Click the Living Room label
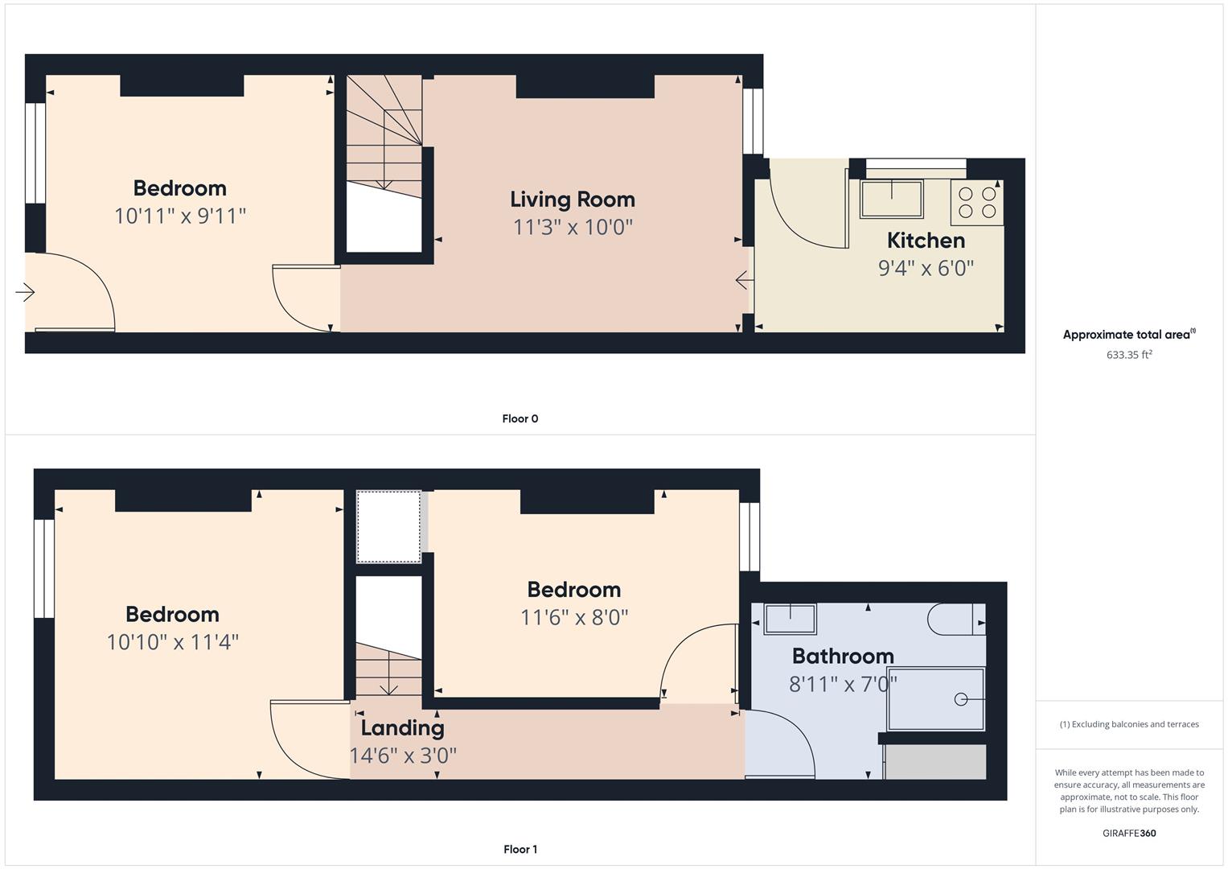click(x=573, y=200)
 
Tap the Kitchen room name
click(x=926, y=241)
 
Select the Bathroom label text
click(x=843, y=656)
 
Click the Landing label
click(x=402, y=728)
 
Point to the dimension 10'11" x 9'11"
click(x=180, y=216)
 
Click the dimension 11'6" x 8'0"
click(x=574, y=617)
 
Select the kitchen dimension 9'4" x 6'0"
click(x=926, y=268)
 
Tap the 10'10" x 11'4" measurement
click(x=173, y=642)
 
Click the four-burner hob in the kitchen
click(x=977, y=203)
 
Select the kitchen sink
click(x=891, y=198)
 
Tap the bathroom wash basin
click(x=790, y=618)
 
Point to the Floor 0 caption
click(x=520, y=418)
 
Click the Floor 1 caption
click(x=520, y=849)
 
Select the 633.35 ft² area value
click(x=1129, y=354)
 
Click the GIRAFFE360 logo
click(x=1129, y=833)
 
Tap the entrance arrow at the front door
click(x=25, y=292)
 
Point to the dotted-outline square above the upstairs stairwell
click(x=388, y=527)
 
